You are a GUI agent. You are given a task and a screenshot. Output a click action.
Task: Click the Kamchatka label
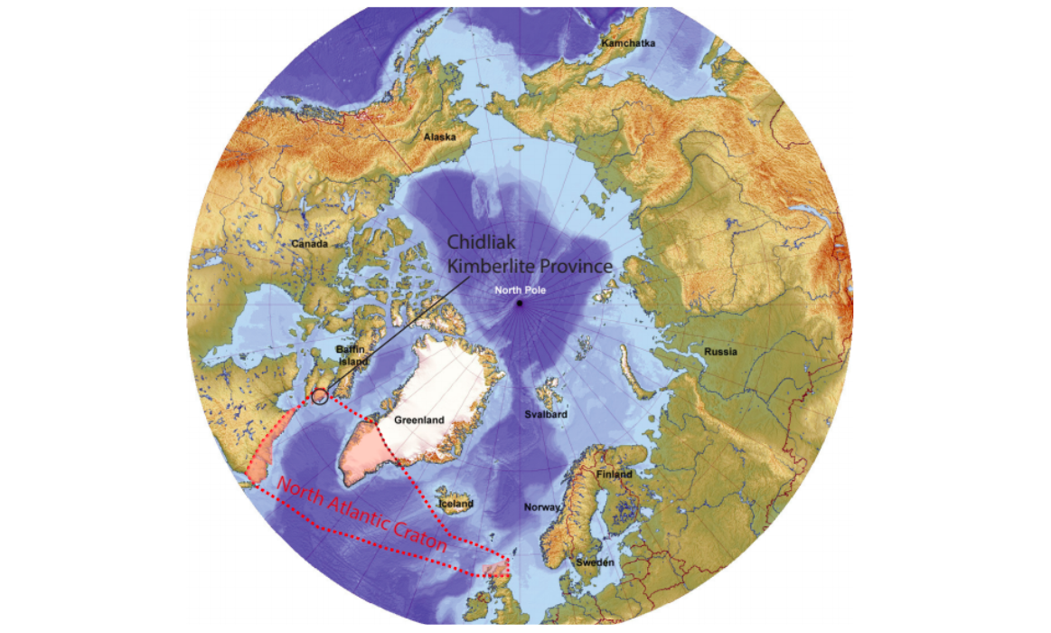click(629, 43)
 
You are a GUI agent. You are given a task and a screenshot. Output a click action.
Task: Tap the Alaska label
click(438, 137)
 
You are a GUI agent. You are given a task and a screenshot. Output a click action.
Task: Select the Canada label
click(310, 243)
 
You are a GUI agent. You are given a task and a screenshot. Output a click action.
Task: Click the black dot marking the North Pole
click(519, 304)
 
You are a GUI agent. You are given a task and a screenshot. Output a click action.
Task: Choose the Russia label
click(719, 351)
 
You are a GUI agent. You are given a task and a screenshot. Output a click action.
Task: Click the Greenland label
click(418, 420)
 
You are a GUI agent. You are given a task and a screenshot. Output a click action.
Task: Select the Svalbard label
click(546, 414)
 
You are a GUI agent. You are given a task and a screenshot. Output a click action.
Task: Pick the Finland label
click(615, 475)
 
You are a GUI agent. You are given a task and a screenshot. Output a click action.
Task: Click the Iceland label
click(455, 504)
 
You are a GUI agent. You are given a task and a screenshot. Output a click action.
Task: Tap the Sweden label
click(596, 562)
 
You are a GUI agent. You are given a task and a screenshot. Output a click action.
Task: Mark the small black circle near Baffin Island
click(319, 395)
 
